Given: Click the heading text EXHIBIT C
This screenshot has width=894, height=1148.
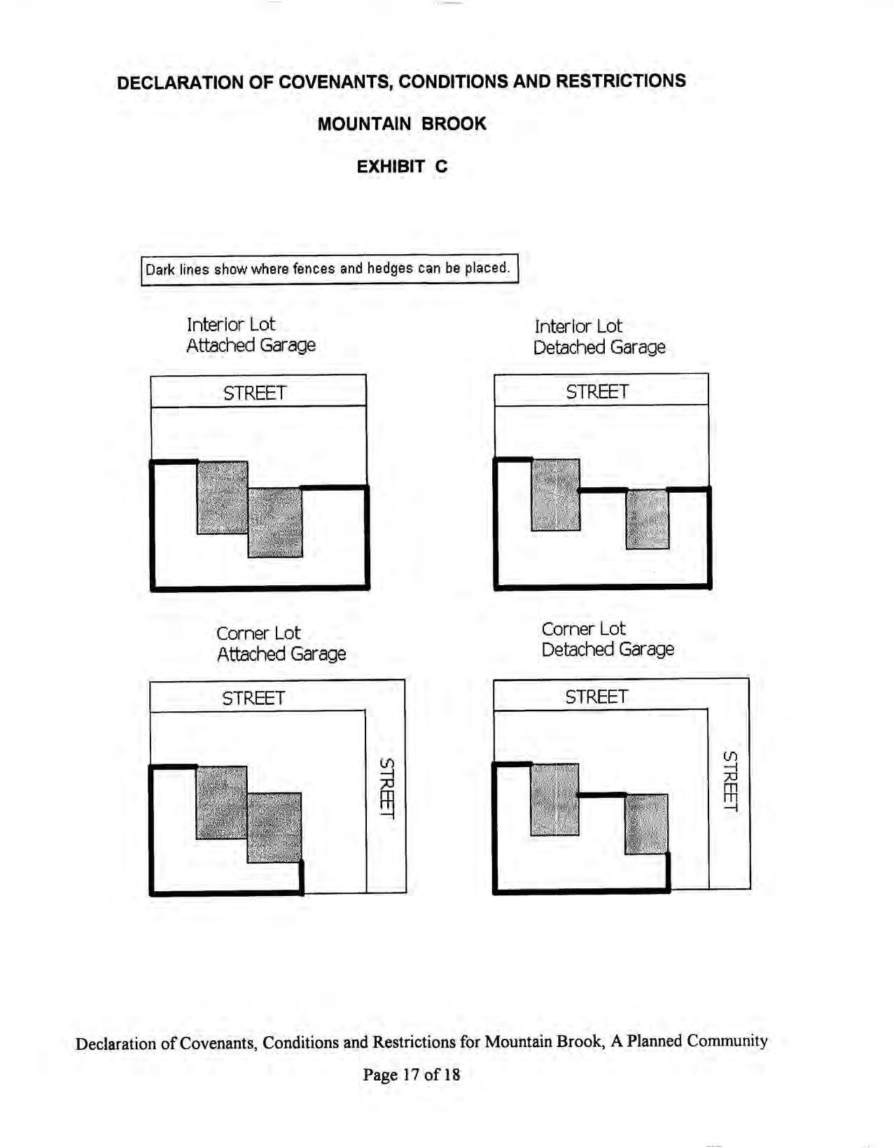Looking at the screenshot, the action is tap(402, 167).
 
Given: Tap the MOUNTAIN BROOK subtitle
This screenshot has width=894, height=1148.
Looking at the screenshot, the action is tap(402, 124).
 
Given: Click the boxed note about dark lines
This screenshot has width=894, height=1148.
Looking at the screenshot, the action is tap(329, 269).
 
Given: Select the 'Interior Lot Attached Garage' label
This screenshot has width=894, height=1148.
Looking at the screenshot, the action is tap(251, 335).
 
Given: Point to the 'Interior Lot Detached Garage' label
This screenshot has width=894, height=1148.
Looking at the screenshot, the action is tap(599, 337).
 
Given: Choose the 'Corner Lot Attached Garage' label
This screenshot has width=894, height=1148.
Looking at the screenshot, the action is tap(281, 643).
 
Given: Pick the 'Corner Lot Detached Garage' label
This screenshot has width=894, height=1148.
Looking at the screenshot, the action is tap(607, 639).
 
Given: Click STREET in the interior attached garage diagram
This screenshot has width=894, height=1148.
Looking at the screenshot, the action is tap(255, 393).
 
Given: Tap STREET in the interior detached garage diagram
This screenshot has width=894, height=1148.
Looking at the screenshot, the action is tap(597, 391).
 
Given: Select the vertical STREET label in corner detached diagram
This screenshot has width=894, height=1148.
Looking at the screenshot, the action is tap(730, 781).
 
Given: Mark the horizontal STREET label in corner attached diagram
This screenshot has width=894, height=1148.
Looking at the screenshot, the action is tap(253, 698).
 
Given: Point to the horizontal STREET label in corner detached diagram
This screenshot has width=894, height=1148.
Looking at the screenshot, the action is tap(596, 696).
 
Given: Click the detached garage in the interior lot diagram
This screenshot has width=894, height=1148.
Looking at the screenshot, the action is tap(648, 519).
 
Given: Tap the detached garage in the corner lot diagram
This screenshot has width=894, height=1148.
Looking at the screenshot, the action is tap(646, 824).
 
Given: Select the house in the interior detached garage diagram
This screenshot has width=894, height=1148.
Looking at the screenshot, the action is tap(556, 495).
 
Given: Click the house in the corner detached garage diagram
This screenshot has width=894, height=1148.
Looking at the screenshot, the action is tap(555, 799).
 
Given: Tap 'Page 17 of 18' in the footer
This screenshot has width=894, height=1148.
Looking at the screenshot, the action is tap(412, 1074).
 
